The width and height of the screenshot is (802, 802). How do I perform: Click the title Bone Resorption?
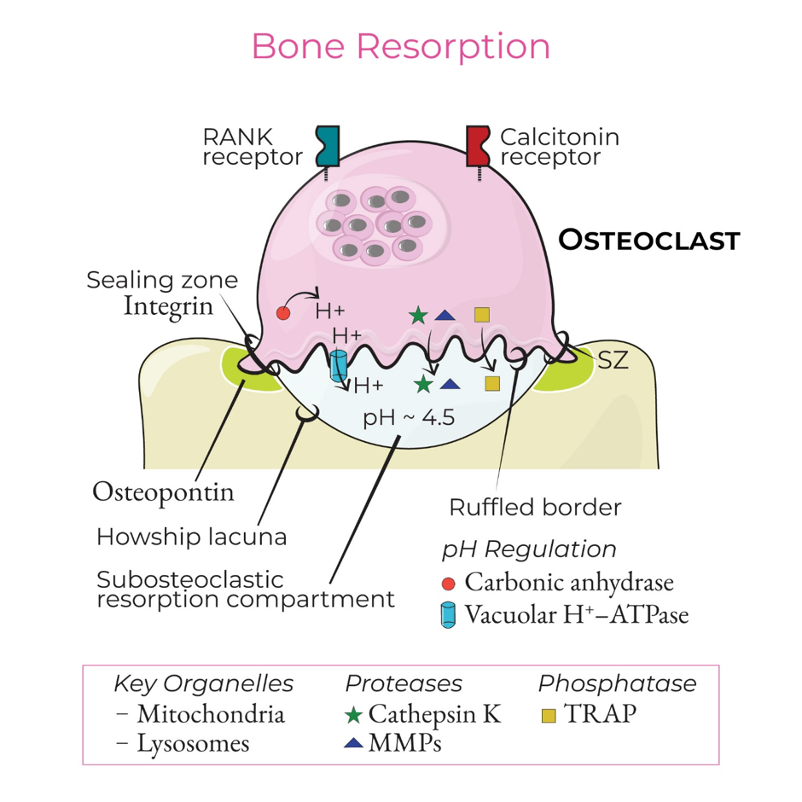point(400,47)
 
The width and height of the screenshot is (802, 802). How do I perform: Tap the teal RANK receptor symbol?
point(328,146)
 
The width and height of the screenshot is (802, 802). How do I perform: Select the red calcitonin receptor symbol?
point(479,146)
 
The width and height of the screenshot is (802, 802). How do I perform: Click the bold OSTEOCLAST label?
point(649,240)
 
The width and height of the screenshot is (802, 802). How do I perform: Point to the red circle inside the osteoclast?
point(283,313)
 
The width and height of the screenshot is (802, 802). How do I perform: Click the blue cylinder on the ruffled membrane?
point(338,365)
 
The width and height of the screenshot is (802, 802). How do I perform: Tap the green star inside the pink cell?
point(418,316)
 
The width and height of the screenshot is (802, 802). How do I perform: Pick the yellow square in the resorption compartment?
point(492,384)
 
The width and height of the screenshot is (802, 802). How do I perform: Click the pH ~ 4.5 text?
point(409,418)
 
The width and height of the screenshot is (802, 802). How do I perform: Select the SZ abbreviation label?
point(613,360)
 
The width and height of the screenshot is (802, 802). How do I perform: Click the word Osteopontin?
point(163,492)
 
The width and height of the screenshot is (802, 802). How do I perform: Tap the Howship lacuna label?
point(192,537)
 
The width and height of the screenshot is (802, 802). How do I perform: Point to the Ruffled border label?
point(535,508)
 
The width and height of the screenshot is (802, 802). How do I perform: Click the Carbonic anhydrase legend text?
point(569,582)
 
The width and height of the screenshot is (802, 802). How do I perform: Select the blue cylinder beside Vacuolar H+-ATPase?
point(448,614)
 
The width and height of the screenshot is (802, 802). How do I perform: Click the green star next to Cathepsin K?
point(353,714)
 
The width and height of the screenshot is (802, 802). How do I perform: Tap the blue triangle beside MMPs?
point(353,742)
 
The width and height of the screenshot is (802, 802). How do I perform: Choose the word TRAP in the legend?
point(600,713)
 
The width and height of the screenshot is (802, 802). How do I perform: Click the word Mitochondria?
point(211,714)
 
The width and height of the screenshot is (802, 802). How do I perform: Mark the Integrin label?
point(168,307)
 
